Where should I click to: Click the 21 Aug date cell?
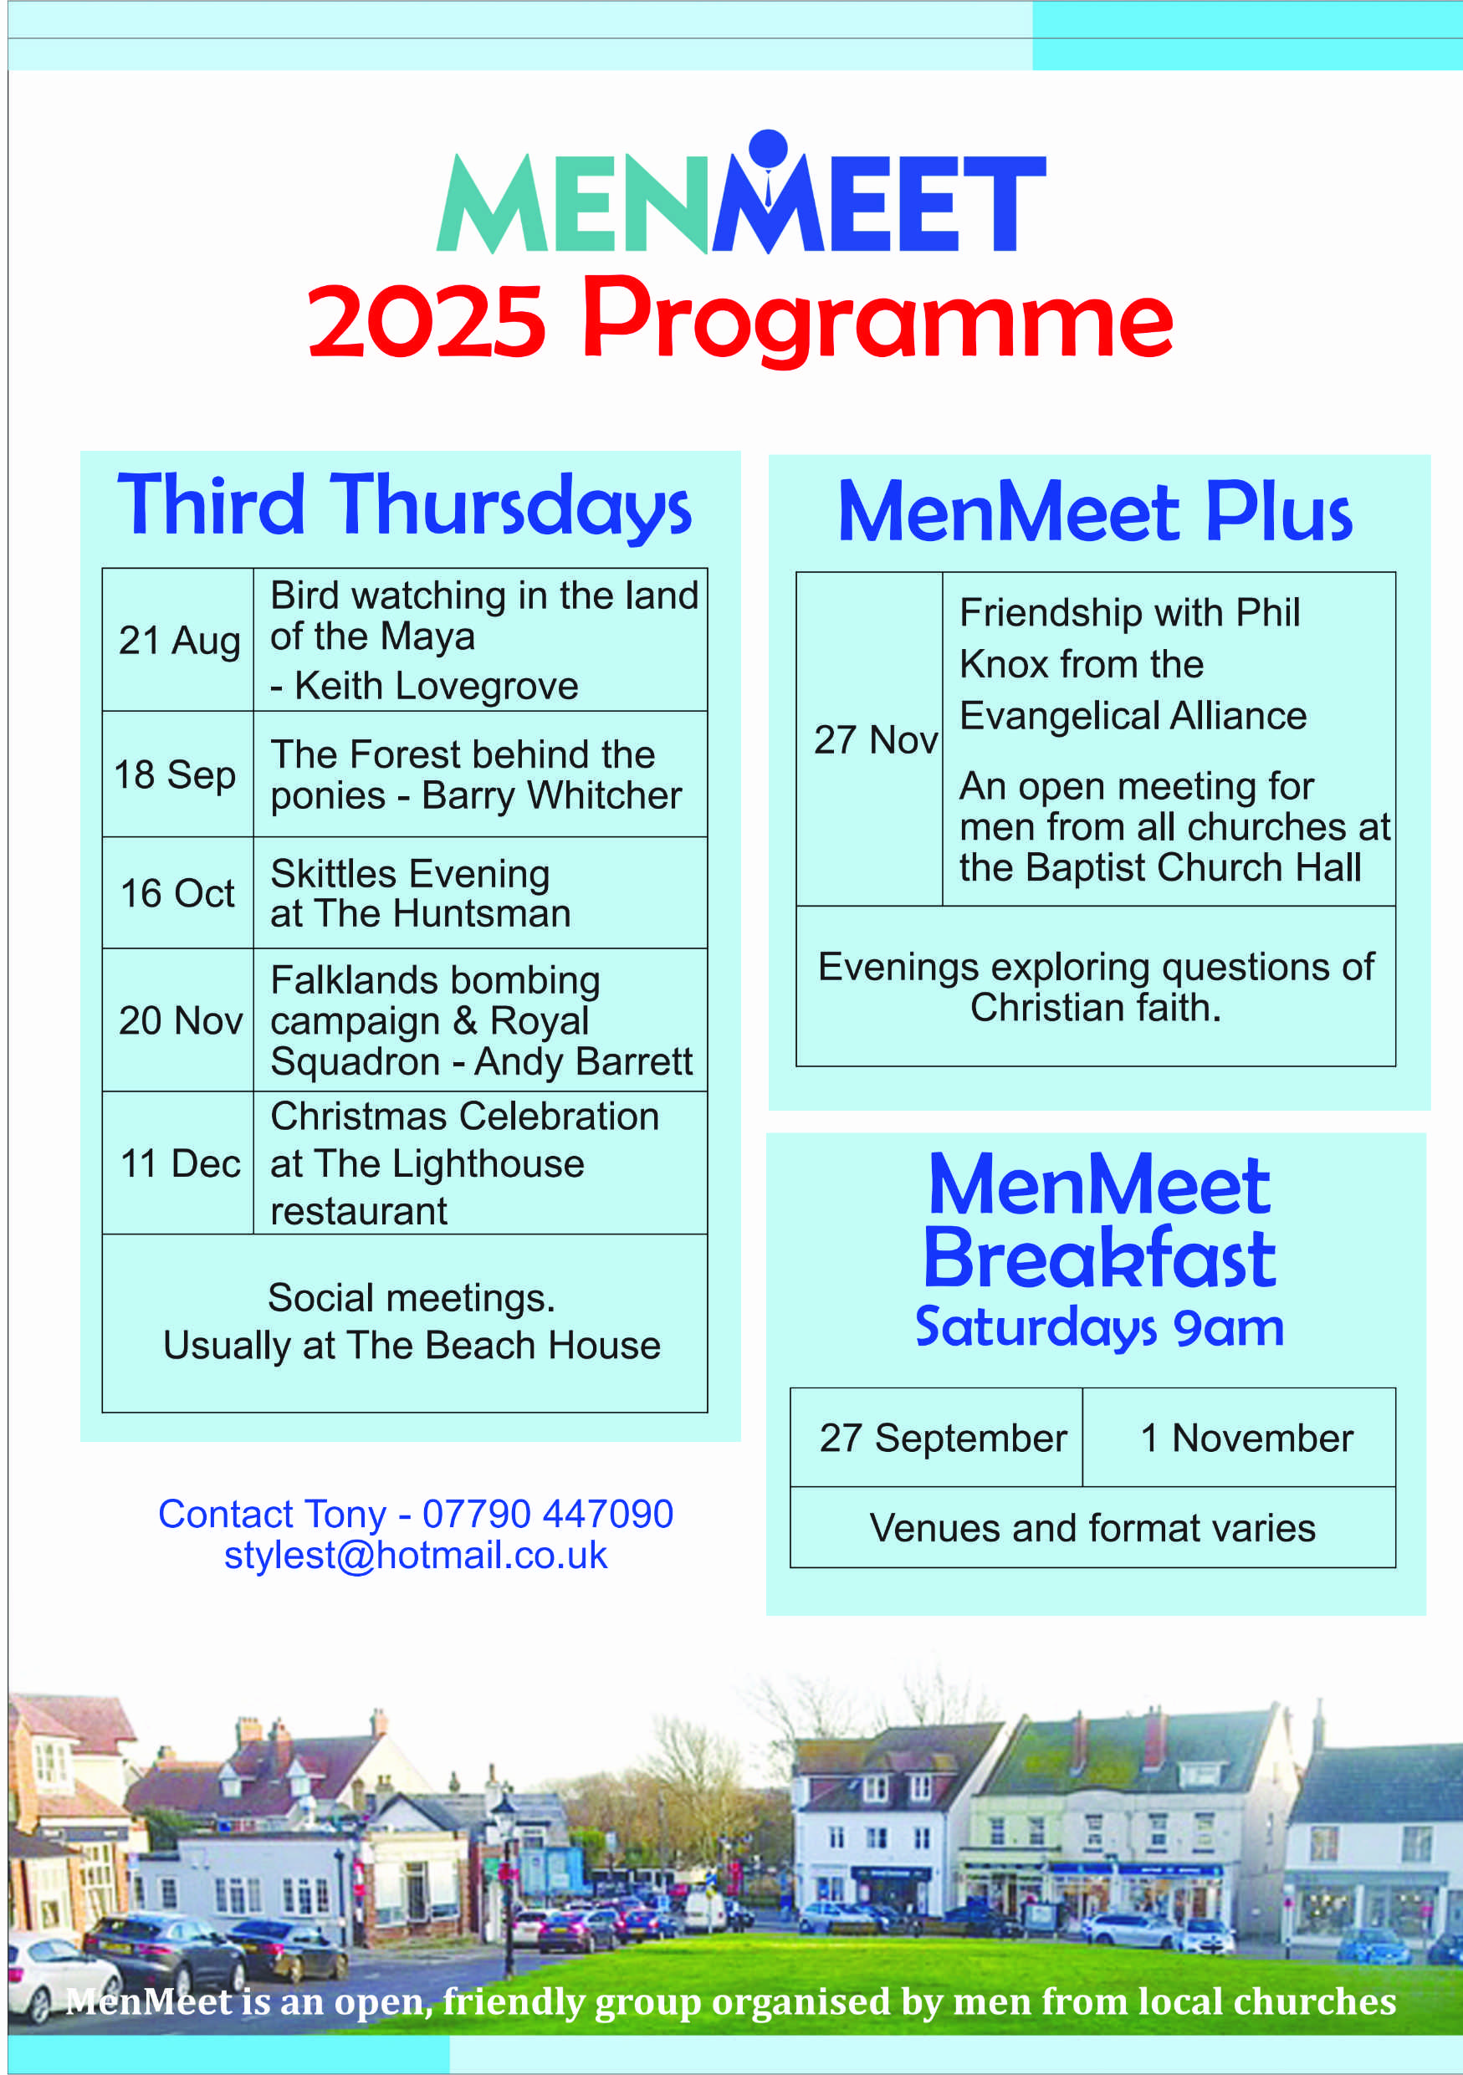click(x=179, y=640)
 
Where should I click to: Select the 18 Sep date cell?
click(x=176, y=774)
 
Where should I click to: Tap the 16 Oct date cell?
click(x=177, y=893)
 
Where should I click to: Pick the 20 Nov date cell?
click(x=180, y=1020)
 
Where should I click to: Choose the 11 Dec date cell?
click(x=180, y=1163)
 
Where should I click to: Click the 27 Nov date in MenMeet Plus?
click(x=875, y=739)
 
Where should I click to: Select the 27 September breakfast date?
click(x=943, y=1438)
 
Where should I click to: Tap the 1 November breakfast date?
click(x=1246, y=1438)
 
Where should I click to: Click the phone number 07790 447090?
click(x=548, y=1514)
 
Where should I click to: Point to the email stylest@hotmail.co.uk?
click(x=416, y=1555)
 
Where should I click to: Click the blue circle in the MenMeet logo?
click(x=768, y=148)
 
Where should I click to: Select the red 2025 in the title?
click(x=427, y=320)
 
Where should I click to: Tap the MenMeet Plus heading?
click(x=1094, y=513)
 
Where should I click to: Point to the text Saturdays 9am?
click(x=1099, y=1326)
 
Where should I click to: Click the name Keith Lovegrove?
click(x=437, y=686)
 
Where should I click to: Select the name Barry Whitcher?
click(x=551, y=795)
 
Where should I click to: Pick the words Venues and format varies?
click(x=1092, y=1528)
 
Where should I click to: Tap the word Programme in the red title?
click(x=877, y=320)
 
